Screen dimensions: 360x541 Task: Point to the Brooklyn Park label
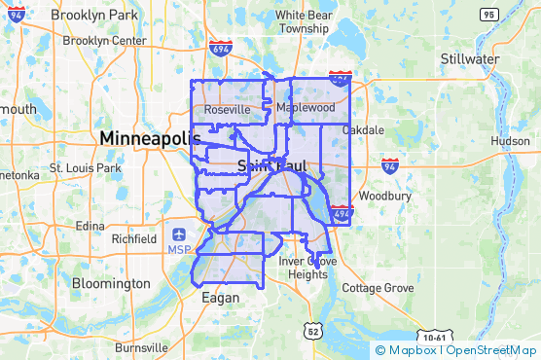click(x=95, y=18)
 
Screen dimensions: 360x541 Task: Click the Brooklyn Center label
click(x=104, y=41)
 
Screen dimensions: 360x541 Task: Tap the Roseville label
click(x=227, y=111)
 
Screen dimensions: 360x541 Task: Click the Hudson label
click(x=511, y=141)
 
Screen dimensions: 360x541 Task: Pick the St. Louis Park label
click(x=86, y=168)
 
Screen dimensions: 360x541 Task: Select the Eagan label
click(x=219, y=299)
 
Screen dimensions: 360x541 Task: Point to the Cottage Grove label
click(x=378, y=289)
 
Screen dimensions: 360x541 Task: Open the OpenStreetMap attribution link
click(x=492, y=350)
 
